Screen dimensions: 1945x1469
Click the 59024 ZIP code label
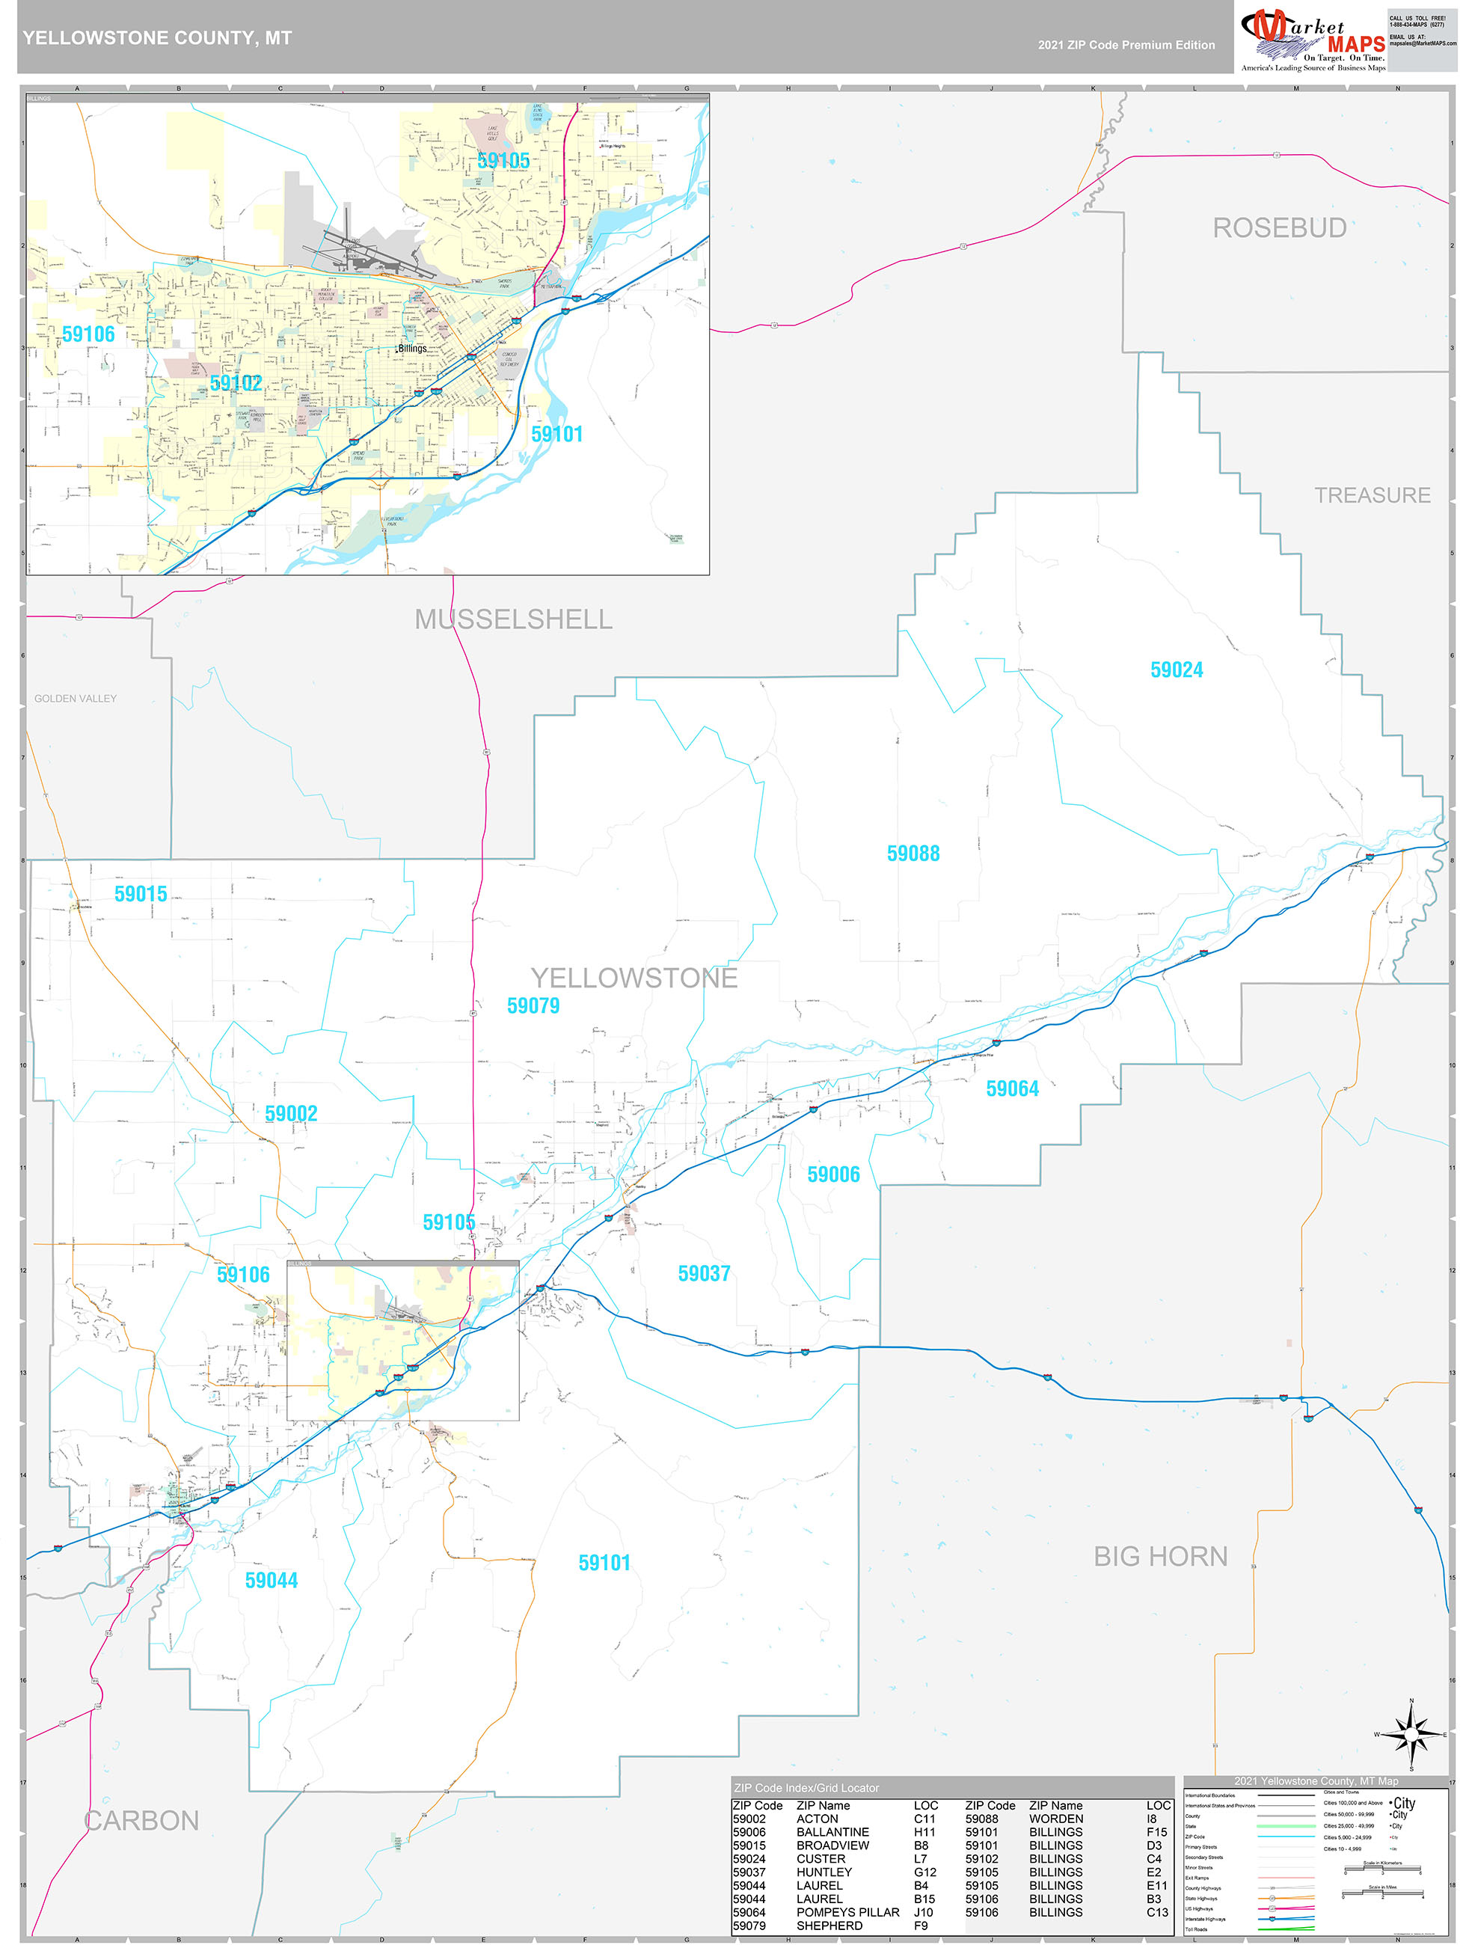1177,670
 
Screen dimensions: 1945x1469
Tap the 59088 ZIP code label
913,854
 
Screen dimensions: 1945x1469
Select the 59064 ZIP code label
1012,1088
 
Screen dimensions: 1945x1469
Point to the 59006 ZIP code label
832,1174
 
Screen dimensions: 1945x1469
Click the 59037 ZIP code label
703,1273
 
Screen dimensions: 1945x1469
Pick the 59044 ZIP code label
271,1580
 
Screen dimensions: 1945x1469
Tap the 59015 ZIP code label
141,894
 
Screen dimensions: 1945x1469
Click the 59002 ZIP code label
291,1113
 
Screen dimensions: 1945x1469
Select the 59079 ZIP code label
533,1005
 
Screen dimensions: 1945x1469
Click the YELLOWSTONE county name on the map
633,978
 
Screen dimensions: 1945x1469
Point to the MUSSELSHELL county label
513,619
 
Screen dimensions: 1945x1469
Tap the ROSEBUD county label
1279,227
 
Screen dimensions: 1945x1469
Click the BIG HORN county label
1159,1556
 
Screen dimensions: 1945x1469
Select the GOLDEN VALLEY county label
76,698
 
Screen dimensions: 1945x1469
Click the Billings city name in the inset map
412,348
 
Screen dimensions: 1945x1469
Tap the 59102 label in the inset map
236,382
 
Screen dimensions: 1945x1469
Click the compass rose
1411,1735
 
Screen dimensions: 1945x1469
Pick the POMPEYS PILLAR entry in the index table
847,1911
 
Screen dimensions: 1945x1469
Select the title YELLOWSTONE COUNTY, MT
157,38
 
